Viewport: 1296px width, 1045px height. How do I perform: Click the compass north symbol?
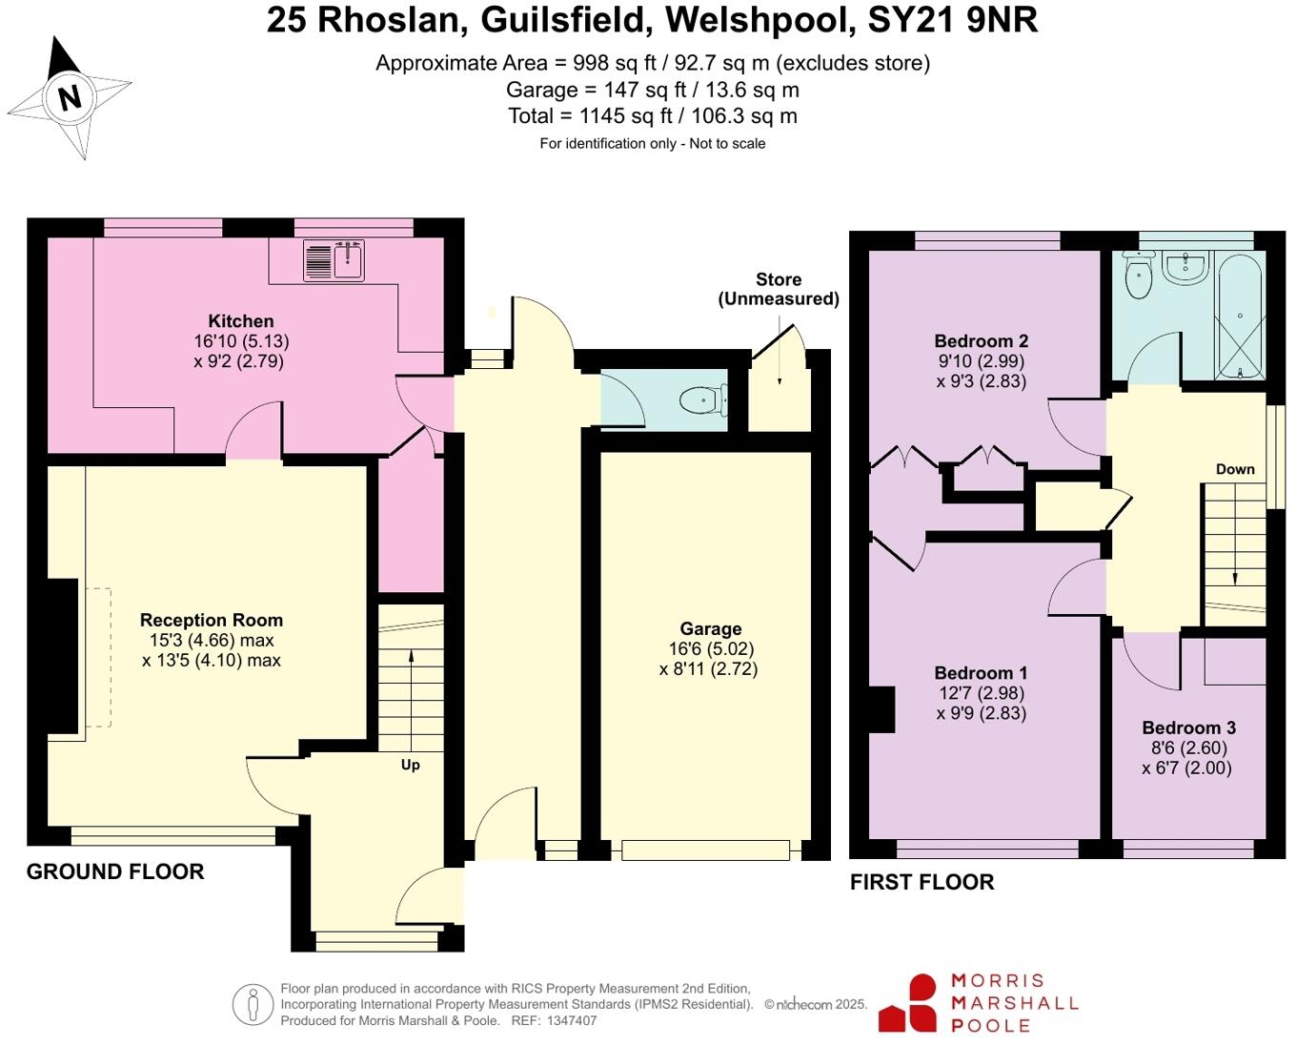click(70, 97)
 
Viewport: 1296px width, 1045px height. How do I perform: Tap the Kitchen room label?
click(241, 321)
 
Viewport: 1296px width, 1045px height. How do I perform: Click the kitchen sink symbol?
click(334, 259)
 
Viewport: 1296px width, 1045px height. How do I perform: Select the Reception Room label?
click(212, 620)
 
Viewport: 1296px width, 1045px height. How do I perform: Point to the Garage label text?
click(710, 628)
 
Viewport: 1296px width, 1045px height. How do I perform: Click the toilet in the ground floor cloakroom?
click(703, 400)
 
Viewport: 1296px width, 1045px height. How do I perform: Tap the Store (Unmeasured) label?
click(779, 289)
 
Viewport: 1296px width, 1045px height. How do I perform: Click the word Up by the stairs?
click(410, 765)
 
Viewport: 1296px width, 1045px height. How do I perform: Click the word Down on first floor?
click(1235, 469)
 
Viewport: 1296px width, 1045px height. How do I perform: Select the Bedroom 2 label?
click(981, 341)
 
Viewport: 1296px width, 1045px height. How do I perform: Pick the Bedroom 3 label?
click(1188, 727)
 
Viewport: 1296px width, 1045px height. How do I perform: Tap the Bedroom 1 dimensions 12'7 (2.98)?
click(981, 693)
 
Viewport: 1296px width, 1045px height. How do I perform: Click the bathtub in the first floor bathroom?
click(1239, 315)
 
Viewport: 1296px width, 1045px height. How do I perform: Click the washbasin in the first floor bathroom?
click(1185, 266)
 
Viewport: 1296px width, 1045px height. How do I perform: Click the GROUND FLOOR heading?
click(115, 871)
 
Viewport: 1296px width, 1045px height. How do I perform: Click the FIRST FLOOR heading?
click(921, 882)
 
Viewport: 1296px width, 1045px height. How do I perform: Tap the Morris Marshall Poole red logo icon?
click(909, 1003)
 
